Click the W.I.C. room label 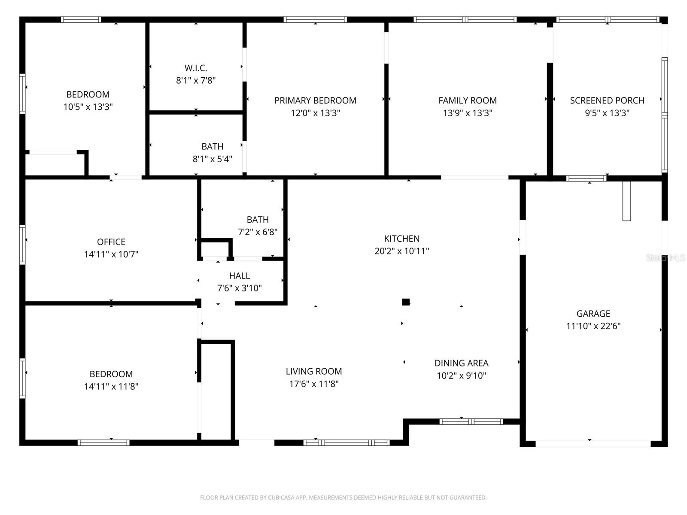pyautogui.click(x=196, y=68)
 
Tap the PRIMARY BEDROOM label pyautogui.click(x=315, y=100)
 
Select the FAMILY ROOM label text pyautogui.click(x=467, y=100)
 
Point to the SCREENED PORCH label pyautogui.click(x=607, y=100)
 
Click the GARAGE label pyautogui.click(x=593, y=313)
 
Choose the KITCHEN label pyautogui.click(x=401, y=239)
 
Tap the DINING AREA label pyautogui.click(x=461, y=363)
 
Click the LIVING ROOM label pyautogui.click(x=313, y=371)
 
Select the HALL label pyautogui.click(x=240, y=276)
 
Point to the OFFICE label pyautogui.click(x=111, y=242)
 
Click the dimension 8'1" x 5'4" pyautogui.click(x=212, y=159)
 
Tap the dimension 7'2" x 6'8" pyautogui.click(x=258, y=232)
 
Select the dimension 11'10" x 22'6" pyautogui.click(x=593, y=326)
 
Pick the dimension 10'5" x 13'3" pyautogui.click(x=88, y=107)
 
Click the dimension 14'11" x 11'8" pyautogui.click(x=111, y=387)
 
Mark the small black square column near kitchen pyautogui.click(x=406, y=302)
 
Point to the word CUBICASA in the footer pyautogui.click(x=280, y=497)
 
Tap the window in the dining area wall pyautogui.click(x=471, y=421)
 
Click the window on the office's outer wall pyautogui.click(x=22, y=245)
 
